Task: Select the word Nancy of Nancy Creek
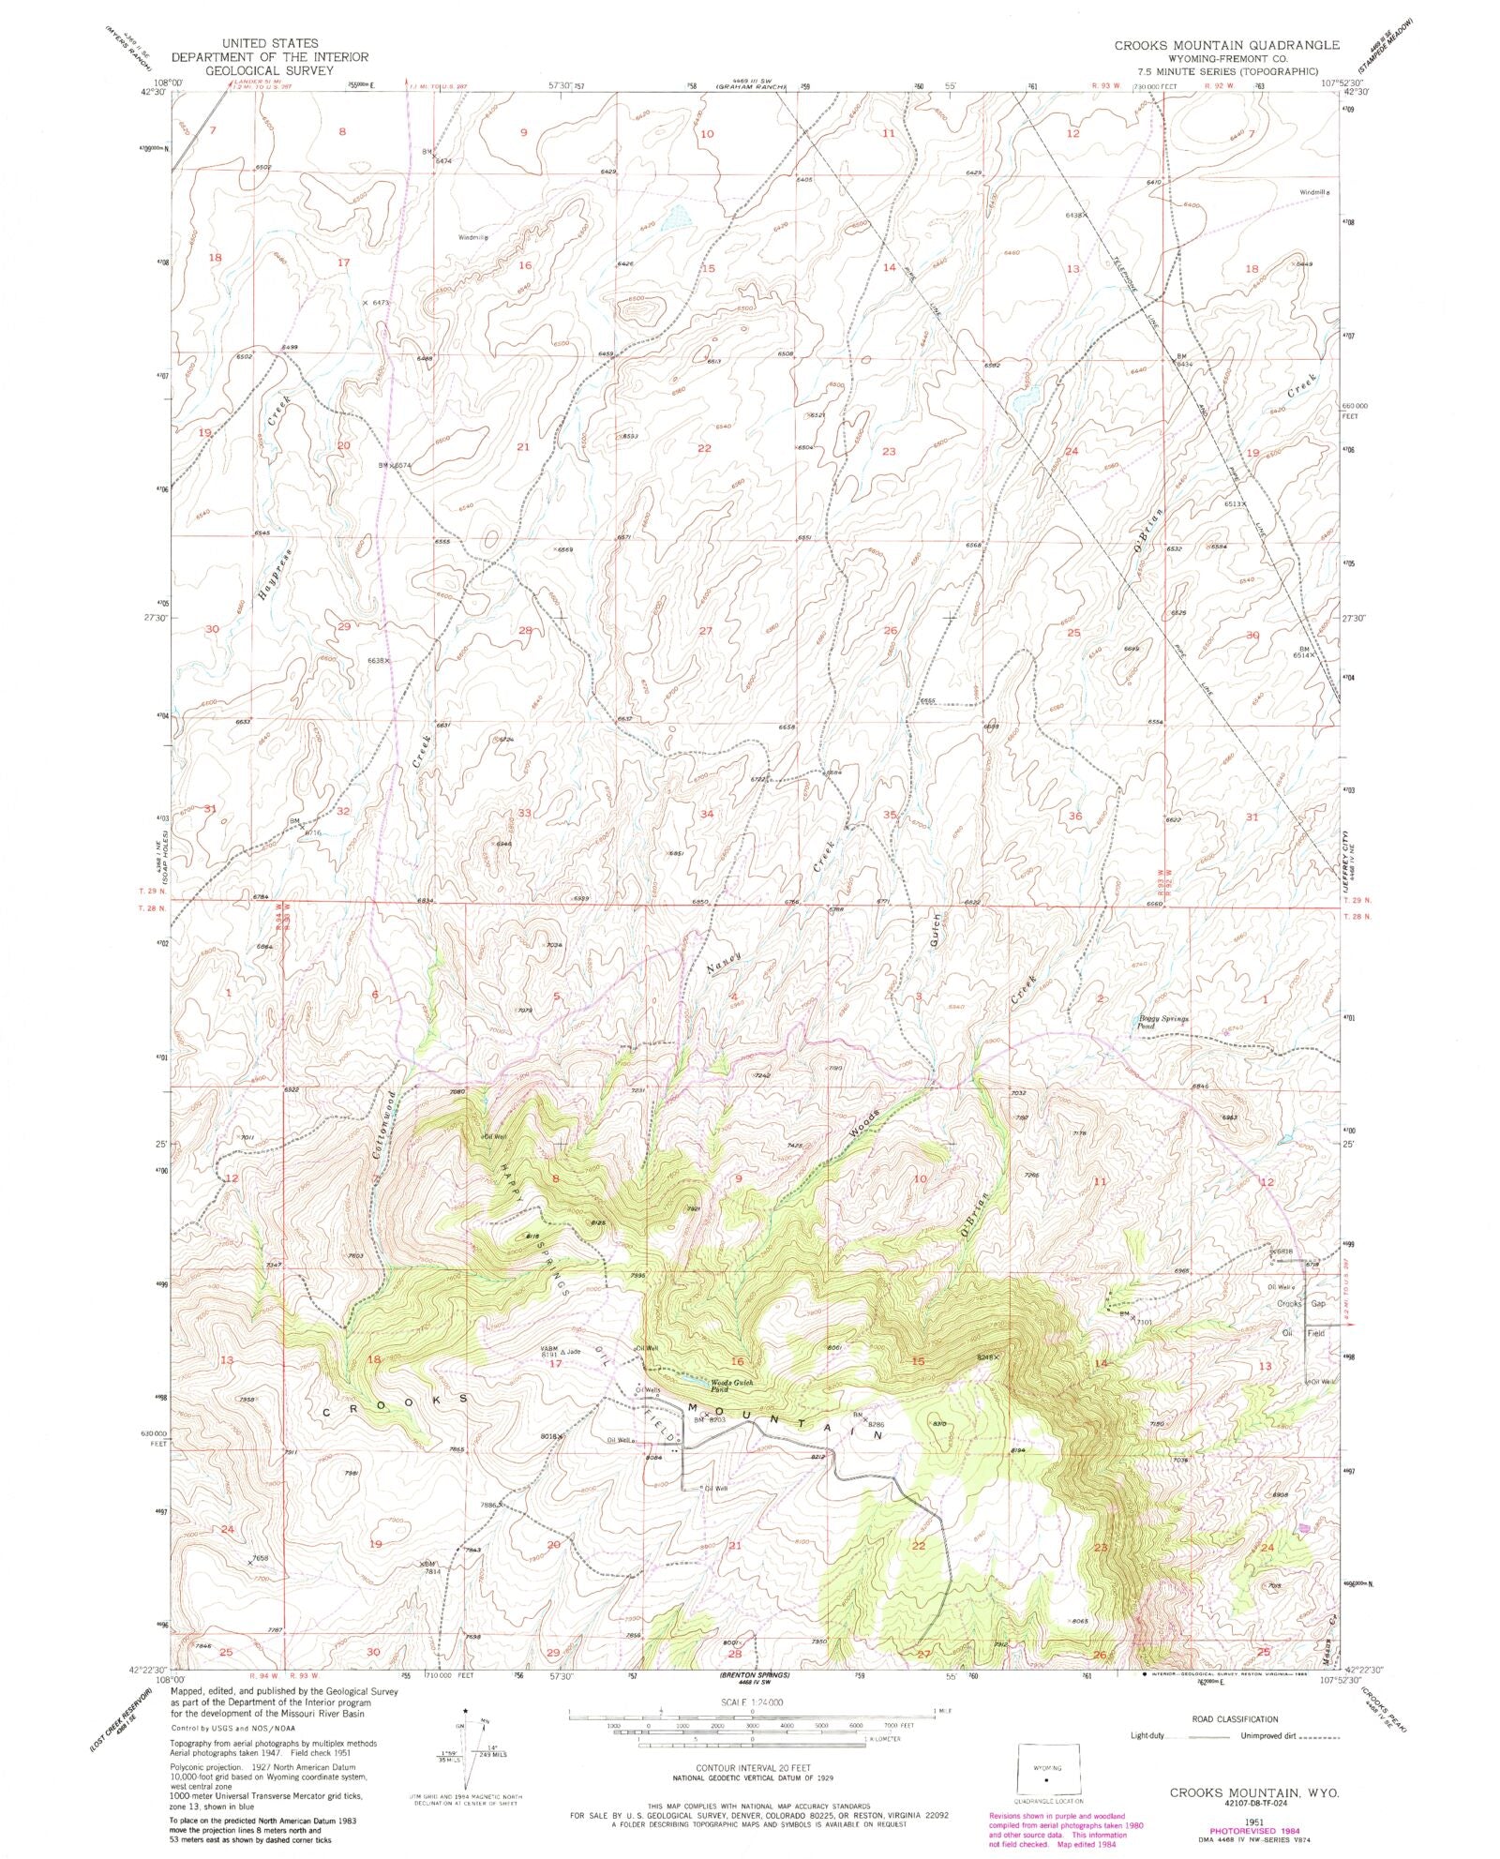724,965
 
